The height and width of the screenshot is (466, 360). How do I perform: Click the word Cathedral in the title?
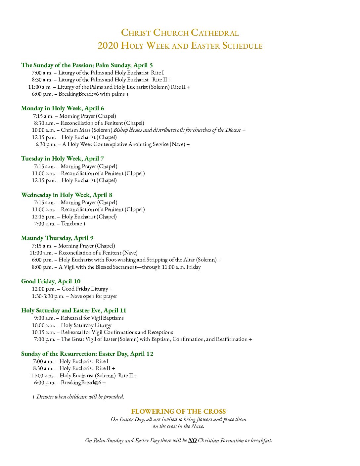[x=215, y=33]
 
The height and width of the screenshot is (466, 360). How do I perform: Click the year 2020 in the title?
[x=108, y=45]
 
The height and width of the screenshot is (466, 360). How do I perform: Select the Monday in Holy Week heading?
[x=63, y=108]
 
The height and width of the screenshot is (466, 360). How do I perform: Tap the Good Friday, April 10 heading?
[x=51, y=281]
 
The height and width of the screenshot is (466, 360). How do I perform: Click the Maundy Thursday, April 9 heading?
[x=57, y=238]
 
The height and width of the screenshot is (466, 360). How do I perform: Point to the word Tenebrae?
[x=71, y=224]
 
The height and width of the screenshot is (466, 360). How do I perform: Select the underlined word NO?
[x=192, y=440]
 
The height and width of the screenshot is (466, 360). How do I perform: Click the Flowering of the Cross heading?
[x=178, y=411]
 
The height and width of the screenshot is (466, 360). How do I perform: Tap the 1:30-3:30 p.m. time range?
[x=48, y=296]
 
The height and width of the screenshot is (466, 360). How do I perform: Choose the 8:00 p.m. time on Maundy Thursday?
[x=42, y=267]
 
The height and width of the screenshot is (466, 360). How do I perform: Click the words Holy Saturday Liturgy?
[x=86, y=325]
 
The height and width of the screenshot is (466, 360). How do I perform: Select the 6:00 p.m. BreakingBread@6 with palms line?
[x=80, y=94]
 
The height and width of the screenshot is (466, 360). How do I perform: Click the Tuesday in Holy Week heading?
[x=63, y=159]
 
